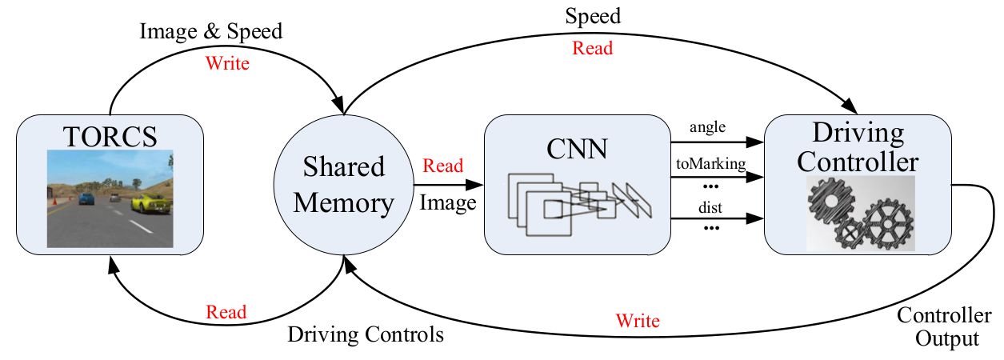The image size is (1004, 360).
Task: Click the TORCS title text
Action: point(110,137)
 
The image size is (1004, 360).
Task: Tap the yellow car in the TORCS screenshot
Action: point(151,202)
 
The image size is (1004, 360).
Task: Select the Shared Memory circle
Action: point(344,184)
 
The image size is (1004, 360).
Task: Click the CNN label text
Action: point(577,149)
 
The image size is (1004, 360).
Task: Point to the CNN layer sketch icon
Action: point(579,205)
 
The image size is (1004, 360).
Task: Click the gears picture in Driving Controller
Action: point(861,213)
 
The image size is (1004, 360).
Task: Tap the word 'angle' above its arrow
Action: point(707,127)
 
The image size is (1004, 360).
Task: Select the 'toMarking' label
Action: point(711,164)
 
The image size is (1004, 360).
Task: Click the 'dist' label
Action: point(710,207)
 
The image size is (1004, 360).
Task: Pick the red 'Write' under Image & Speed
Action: point(227,63)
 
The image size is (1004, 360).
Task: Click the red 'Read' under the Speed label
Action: point(593,48)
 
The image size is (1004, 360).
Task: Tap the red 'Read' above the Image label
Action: point(443,166)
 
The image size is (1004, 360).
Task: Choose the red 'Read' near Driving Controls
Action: point(226,312)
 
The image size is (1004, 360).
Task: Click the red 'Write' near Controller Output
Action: point(638,321)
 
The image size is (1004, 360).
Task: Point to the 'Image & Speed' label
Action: point(211,31)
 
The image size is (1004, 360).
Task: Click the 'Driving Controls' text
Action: point(366,334)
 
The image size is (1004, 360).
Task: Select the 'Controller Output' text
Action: point(944,327)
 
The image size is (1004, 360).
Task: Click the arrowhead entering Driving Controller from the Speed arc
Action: point(850,106)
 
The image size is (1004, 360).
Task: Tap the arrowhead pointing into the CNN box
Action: point(475,184)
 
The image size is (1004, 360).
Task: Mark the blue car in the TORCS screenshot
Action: point(86,198)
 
